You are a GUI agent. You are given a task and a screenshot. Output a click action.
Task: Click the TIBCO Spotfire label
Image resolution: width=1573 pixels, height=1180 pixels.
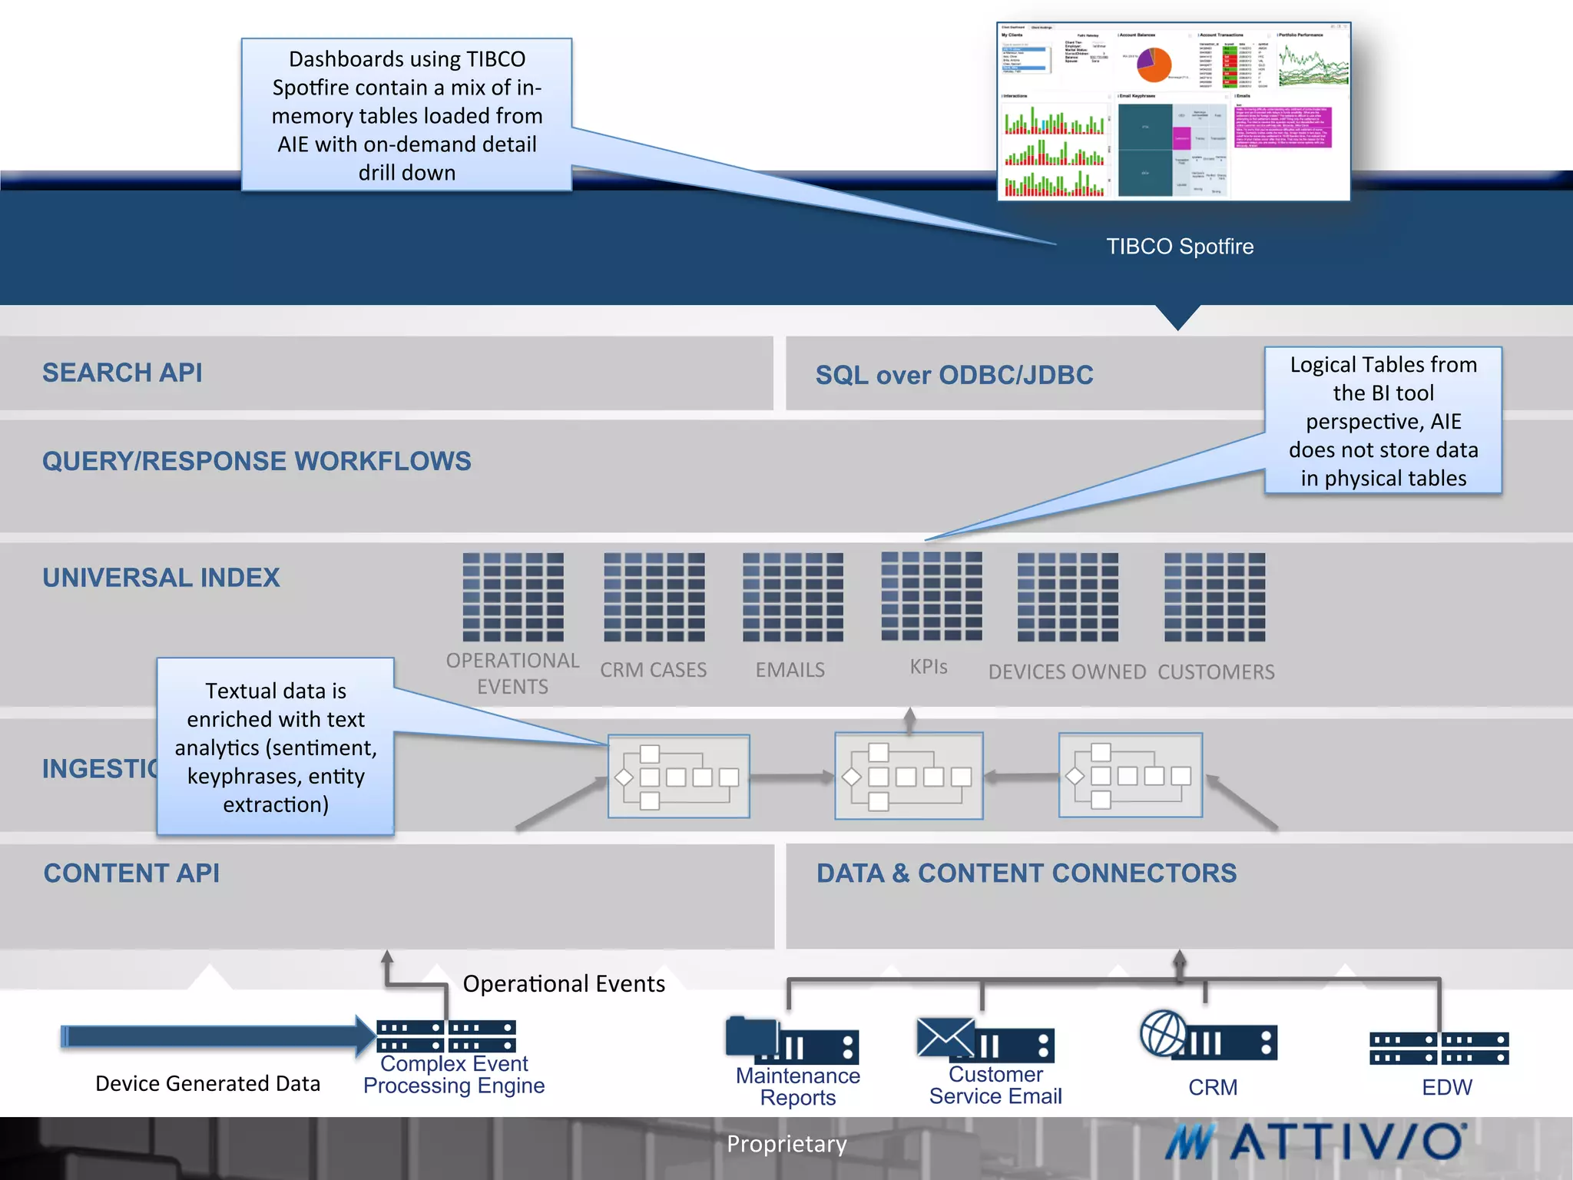(1179, 247)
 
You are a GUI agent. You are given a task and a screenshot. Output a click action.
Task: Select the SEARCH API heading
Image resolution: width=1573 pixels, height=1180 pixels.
(122, 373)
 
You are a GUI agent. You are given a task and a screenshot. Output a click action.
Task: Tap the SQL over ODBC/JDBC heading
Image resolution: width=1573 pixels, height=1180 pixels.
(954, 375)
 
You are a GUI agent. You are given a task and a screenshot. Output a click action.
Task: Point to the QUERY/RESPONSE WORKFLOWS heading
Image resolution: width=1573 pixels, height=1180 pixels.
(257, 461)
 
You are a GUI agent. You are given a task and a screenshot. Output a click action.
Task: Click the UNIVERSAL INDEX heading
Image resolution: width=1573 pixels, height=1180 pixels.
(161, 578)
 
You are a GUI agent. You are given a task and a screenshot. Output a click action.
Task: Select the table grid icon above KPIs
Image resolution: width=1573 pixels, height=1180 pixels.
(931, 596)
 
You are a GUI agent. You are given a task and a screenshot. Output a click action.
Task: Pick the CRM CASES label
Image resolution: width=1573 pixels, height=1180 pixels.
(653, 670)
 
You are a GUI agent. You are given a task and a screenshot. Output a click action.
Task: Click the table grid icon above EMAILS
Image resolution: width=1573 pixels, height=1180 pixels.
(793, 597)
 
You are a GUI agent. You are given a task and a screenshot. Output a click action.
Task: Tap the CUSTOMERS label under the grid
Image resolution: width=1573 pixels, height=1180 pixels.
(1216, 672)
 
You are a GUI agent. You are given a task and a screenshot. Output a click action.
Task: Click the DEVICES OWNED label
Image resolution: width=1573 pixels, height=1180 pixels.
(1067, 672)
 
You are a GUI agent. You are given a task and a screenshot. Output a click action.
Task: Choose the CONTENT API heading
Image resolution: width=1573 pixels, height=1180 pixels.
(131, 873)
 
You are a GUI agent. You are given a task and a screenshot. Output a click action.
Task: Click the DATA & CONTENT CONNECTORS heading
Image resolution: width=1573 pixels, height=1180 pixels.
(1026, 873)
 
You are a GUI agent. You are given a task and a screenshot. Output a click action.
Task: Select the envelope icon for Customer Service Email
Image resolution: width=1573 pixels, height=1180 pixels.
(945, 1038)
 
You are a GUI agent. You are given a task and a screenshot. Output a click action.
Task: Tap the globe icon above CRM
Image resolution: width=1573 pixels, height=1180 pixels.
(1163, 1033)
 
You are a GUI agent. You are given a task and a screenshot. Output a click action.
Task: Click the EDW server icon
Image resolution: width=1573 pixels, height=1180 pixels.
(1439, 1049)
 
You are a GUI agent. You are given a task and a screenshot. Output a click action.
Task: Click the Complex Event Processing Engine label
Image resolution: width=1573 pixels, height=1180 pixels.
(454, 1075)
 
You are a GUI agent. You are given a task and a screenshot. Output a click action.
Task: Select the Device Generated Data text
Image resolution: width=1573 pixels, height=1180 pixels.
(207, 1083)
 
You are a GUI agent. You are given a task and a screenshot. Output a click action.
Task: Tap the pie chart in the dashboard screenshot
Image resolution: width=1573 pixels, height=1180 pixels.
(1154, 65)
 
